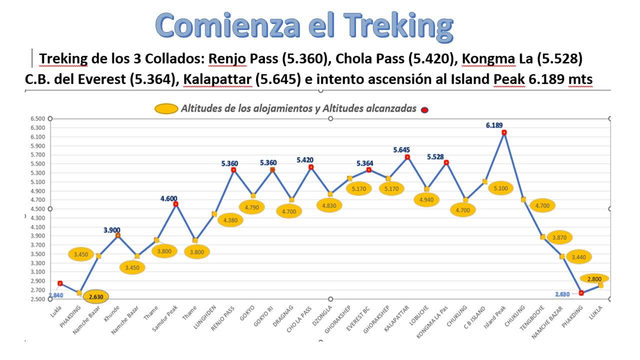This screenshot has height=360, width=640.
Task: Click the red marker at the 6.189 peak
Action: [x=504, y=132]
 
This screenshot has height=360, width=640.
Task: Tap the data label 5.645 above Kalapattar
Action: [x=401, y=149]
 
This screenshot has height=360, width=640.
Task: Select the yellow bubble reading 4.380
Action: [x=230, y=220]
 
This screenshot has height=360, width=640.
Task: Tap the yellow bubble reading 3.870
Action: [x=559, y=237]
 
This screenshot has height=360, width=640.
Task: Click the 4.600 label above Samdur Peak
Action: [x=168, y=198]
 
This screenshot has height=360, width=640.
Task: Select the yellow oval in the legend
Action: [x=166, y=108]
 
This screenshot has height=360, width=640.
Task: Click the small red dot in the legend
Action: [x=424, y=109]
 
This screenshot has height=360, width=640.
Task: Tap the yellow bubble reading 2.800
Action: [x=594, y=278]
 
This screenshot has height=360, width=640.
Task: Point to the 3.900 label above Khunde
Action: [x=112, y=230]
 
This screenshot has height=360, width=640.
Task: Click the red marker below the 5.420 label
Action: [x=311, y=167]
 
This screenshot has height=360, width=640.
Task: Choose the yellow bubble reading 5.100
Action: [x=501, y=188]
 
